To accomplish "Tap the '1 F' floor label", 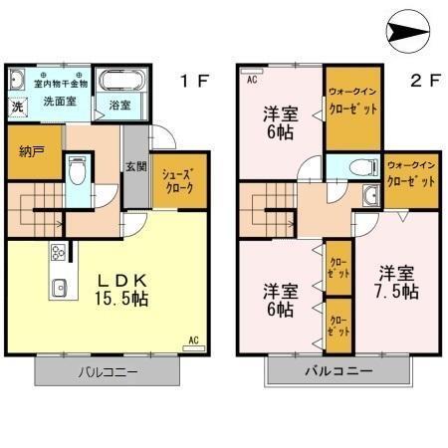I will tap(193, 81).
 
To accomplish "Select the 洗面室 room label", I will tap(60, 102).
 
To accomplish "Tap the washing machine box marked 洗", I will tap(18, 105).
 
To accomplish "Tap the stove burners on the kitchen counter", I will tap(57, 252).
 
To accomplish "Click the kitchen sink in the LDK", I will tap(57, 290).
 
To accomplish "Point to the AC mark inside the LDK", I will tap(194, 340).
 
